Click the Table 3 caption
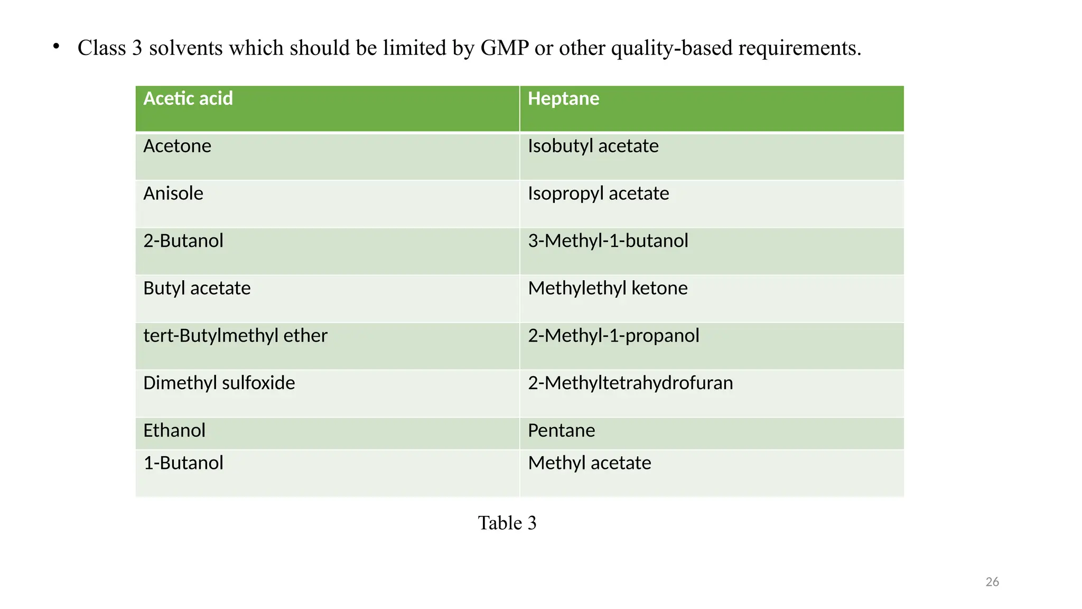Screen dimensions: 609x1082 pyautogui.click(x=507, y=523)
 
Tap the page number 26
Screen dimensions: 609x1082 pyautogui.click(x=992, y=582)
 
